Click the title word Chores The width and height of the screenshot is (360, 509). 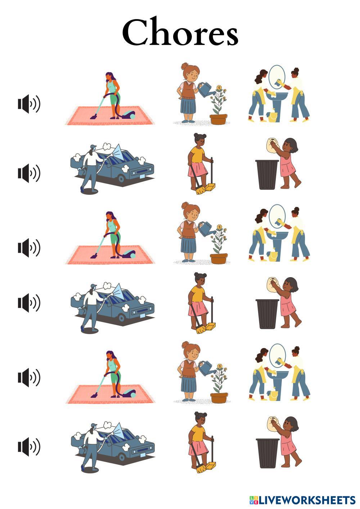click(x=180, y=32)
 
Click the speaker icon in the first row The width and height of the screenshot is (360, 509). click(x=29, y=104)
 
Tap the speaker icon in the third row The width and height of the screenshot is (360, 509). click(x=29, y=248)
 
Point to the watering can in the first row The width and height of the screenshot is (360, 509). click(x=206, y=89)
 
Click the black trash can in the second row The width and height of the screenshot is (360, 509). click(x=267, y=175)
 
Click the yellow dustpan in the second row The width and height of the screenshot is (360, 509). click(x=210, y=188)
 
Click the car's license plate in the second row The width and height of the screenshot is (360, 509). click(x=142, y=176)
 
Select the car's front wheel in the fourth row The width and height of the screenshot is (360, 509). click(x=122, y=317)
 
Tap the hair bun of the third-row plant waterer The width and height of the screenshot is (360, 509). click(x=185, y=205)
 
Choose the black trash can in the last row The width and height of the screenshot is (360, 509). click(x=267, y=453)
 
